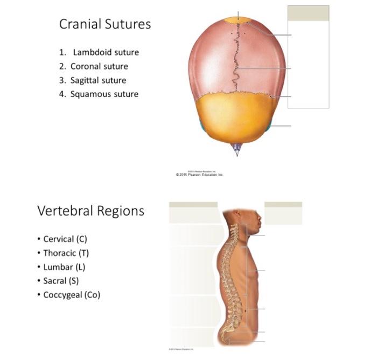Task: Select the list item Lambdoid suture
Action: pos(106,53)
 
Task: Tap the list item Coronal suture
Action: pos(99,67)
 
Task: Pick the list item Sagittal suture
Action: pos(98,80)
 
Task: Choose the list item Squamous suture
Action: pos(104,94)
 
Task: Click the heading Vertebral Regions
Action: pos(90,211)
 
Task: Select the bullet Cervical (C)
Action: pos(65,239)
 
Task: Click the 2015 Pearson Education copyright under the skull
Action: pos(199,175)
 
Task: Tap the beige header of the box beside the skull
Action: pos(308,13)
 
